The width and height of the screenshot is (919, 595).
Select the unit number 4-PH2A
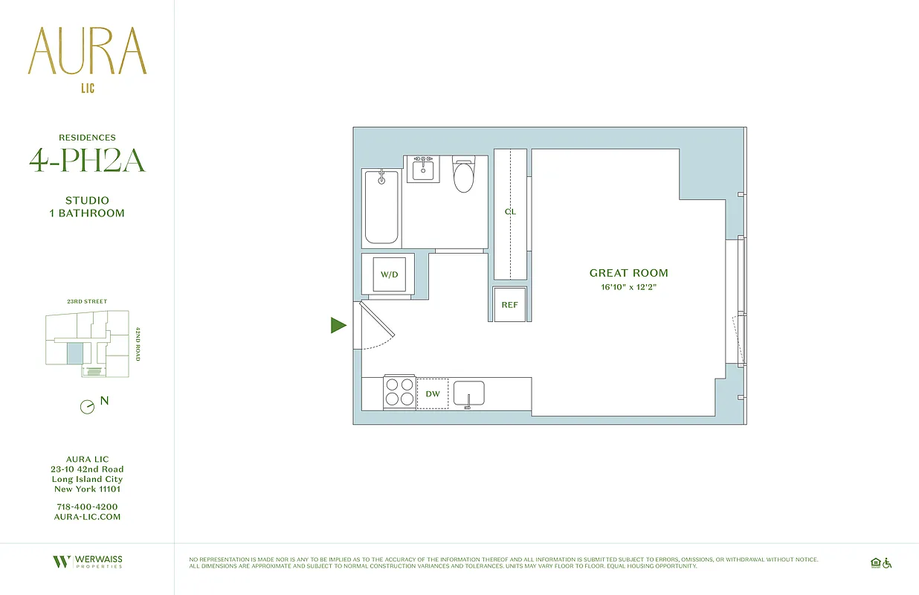[87, 161]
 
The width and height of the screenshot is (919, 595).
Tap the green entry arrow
[338, 325]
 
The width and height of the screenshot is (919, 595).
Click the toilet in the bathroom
[464, 176]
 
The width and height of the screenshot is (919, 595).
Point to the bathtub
[382, 208]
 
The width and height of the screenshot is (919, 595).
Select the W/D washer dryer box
[390, 274]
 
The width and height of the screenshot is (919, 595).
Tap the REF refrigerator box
[510, 304]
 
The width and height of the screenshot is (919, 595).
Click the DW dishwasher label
[432, 393]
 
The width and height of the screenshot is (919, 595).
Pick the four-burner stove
[399, 393]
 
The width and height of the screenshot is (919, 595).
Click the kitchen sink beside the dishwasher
[468, 393]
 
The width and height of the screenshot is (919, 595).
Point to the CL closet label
[510, 212]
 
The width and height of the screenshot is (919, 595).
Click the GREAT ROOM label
[628, 273]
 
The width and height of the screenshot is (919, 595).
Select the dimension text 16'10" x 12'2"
[628, 287]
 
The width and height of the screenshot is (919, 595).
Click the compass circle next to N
[87, 407]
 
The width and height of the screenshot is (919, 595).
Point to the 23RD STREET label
[87, 302]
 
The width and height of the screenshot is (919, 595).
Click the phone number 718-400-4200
[87, 506]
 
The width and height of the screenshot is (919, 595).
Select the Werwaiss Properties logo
[87, 562]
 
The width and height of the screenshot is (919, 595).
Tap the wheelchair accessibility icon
[886, 563]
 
